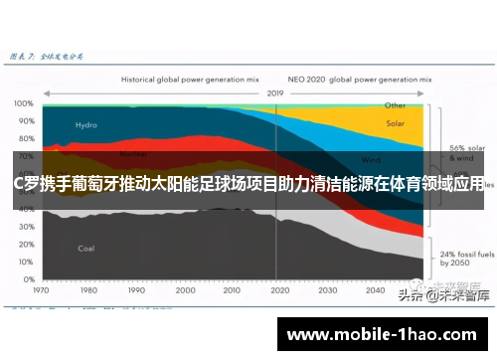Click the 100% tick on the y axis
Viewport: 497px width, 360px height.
(21, 103)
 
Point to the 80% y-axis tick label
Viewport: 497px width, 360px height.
(23, 135)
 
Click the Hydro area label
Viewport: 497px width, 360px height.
(86, 125)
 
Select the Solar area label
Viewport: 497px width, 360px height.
(395, 124)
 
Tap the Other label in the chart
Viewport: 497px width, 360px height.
(395, 104)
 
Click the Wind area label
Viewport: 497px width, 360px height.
(370, 159)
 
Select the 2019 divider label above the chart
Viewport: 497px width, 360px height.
(276, 92)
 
